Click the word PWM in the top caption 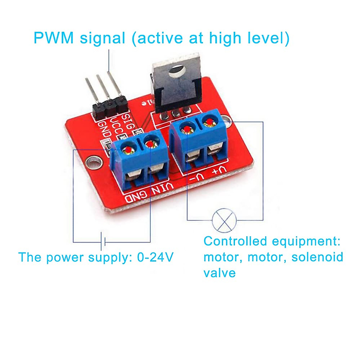point(54,38)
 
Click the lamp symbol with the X point(224,220)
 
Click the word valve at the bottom point(219,273)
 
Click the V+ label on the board point(218,171)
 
